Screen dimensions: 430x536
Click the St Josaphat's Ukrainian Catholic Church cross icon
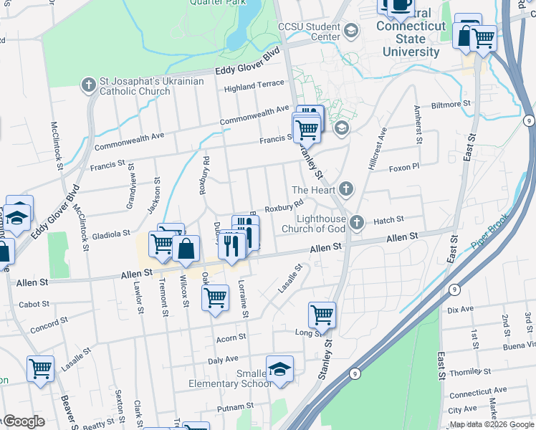tap(89, 85)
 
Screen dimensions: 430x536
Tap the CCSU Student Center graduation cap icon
tap(350, 30)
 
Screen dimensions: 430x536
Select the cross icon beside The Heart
tap(346, 189)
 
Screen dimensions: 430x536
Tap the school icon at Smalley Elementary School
tap(279, 368)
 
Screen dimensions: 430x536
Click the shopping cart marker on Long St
tap(322, 314)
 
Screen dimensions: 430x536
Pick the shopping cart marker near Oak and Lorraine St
tap(215, 297)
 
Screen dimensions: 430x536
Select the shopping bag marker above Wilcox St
tap(186, 249)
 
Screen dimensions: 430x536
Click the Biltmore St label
tap(451, 104)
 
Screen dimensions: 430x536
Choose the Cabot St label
tap(34, 304)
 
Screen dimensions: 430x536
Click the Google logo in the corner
tap(23, 421)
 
